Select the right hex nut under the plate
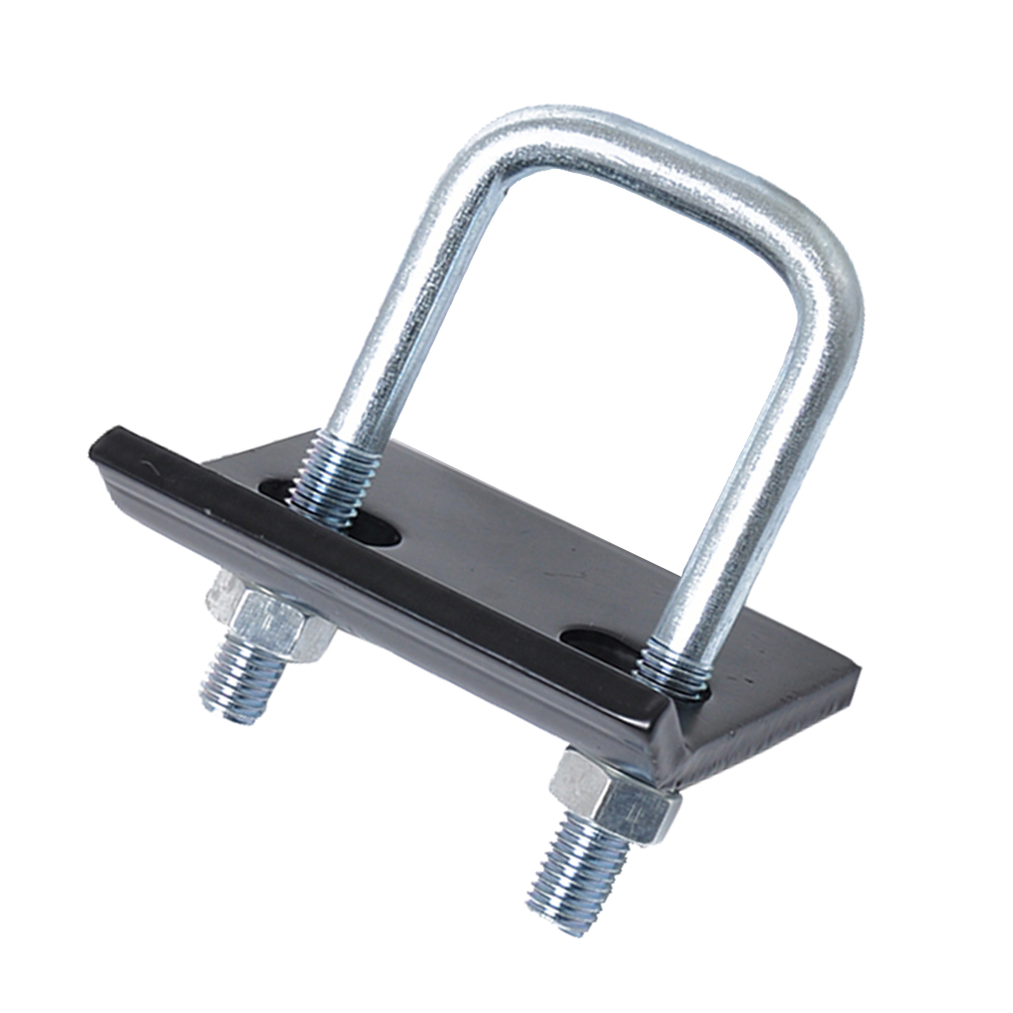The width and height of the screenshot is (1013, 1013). click(613, 796)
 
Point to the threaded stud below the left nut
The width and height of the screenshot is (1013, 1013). click(242, 683)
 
